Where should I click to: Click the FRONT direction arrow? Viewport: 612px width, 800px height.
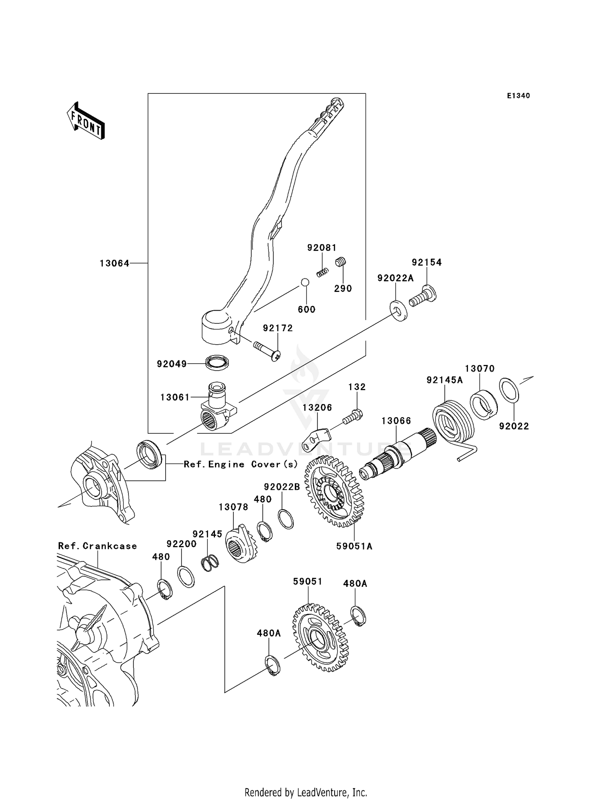pos(86,122)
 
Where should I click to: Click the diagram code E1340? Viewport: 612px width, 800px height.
pos(518,96)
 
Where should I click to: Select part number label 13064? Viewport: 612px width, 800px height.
pos(115,264)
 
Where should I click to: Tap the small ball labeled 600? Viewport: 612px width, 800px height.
pos(305,282)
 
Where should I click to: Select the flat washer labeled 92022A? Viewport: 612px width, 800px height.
pos(398,310)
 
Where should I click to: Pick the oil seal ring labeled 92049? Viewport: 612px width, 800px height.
pos(217,362)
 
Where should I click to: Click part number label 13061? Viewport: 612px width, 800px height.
pos(175,397)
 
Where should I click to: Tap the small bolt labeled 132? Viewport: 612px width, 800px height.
pos(353,417)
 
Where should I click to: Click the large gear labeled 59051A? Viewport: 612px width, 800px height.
pos(334,492)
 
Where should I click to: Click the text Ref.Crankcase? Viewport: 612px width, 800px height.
pos(98,546)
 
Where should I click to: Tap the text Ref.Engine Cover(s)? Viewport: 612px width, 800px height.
pos(241,464)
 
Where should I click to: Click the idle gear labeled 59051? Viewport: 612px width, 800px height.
pos(320,638)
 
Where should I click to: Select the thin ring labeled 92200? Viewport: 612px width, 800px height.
pos(186,577)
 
